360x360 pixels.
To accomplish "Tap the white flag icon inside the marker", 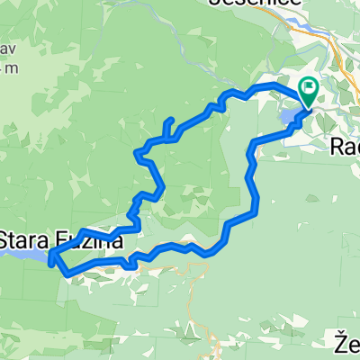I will pos(309,88).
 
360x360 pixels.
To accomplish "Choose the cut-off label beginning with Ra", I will pos(346,145).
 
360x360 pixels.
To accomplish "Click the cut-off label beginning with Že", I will pos(347,343).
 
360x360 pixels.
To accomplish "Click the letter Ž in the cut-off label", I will pos(341,343).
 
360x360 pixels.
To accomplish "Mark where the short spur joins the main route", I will pos(166,139).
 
